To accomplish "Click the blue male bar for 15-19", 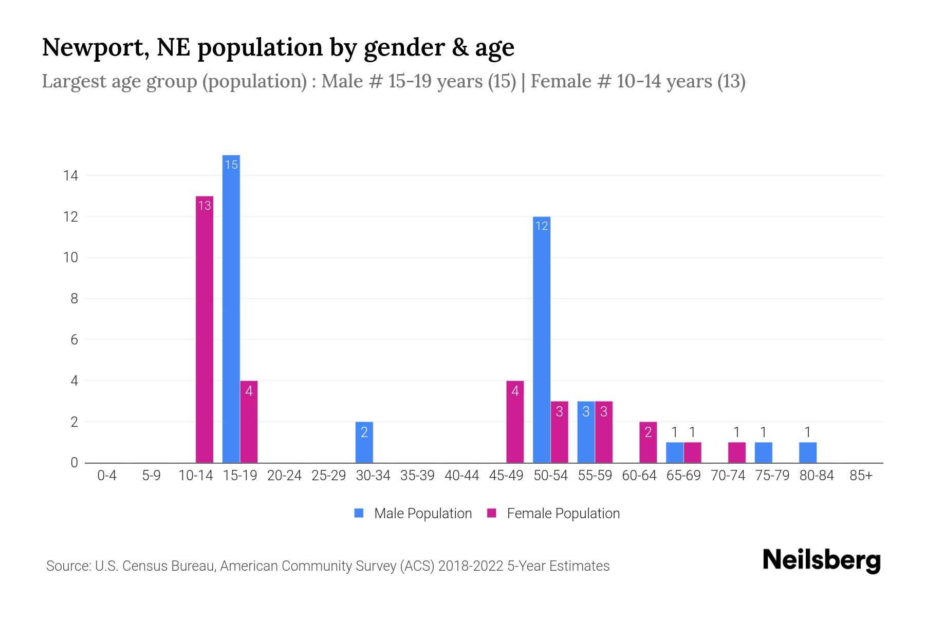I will (x=231, y=308).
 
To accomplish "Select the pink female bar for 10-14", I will (x=205, y=329).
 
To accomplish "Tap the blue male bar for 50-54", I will (x=542, y=339).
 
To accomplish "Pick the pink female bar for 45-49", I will (x=515, y=422).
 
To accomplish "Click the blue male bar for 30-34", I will (x=364, y=442).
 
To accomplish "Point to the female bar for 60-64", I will (x=648, y=442).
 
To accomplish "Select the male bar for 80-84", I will (x=808, y=452).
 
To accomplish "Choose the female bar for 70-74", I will (x=737, y=452).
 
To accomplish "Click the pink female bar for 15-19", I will (x=249, y=422).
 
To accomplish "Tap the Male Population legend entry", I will (x=413, y=513).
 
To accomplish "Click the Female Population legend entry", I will (x=553, y=513).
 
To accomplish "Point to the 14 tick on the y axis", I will (x=70, y=176).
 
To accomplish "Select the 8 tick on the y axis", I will (x=74, y=299).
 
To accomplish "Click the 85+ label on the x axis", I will (x=861, y=476).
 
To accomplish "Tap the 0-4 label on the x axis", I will (x=107, y=476).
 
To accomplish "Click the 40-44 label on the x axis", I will (x=461, y=476).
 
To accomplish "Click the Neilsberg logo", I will (x=821, y=560).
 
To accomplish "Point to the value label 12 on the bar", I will (x=542, y=226).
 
